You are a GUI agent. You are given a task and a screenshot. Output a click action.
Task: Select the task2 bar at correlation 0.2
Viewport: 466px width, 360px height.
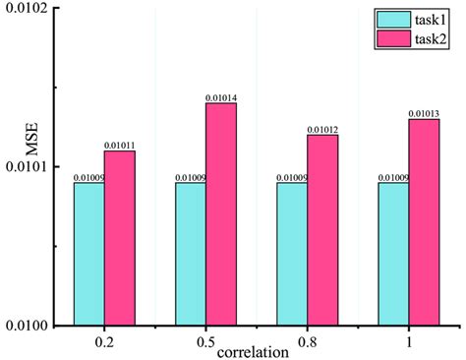(120, 237)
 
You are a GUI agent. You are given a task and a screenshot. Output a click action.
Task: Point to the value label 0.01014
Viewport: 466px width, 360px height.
(221, 97)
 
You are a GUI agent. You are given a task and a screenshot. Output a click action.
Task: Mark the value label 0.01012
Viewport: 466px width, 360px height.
(322, 130)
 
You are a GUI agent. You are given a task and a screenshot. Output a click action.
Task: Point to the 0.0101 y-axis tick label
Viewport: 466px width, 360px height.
(29, 167)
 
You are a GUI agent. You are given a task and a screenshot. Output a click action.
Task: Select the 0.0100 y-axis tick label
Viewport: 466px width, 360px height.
(29, 325)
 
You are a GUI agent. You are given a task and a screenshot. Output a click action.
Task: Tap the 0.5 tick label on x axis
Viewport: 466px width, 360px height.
(205, 340)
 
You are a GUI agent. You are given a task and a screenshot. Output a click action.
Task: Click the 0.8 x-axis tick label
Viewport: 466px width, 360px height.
(307, 340)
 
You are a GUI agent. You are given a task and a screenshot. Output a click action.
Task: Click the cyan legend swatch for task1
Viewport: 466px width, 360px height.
(390, 20)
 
